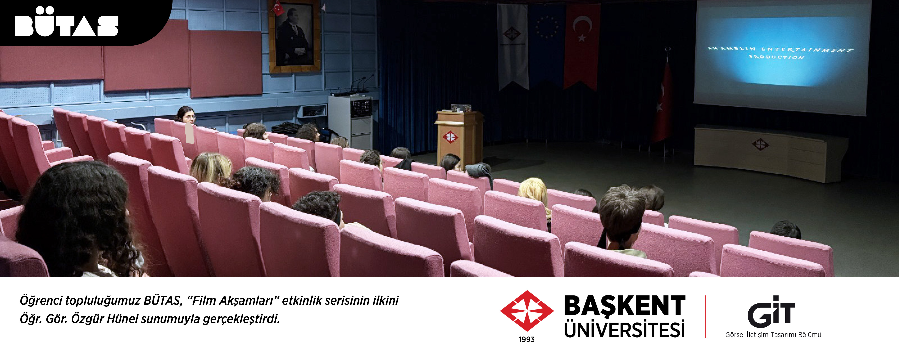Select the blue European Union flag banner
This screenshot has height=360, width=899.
546,45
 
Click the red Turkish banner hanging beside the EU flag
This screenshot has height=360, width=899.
582,45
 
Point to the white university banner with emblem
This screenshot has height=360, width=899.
512,45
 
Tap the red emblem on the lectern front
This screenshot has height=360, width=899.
450,137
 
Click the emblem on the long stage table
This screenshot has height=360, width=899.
760,144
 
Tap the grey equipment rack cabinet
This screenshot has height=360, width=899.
350,121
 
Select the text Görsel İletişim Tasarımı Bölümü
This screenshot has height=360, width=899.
773,335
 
